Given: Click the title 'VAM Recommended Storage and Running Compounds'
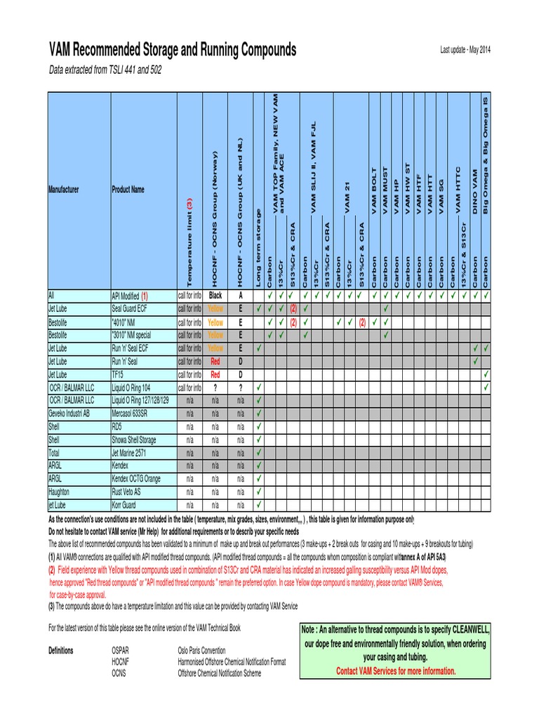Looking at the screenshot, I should [x=172, y=50].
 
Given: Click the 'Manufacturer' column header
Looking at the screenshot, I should [x=63, y=190].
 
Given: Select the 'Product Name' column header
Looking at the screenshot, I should [x=128, y=190].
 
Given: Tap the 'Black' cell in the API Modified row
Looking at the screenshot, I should [x=215, y=296].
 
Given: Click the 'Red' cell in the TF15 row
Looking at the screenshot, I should [x=215, y=374].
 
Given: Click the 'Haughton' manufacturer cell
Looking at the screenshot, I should [x=60, y=492].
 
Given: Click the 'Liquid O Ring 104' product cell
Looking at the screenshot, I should [x=133, y=388].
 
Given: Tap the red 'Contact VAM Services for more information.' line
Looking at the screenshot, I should [x=397, y=671].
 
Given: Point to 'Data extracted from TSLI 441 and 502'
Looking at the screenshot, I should [x=104, y=71].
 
